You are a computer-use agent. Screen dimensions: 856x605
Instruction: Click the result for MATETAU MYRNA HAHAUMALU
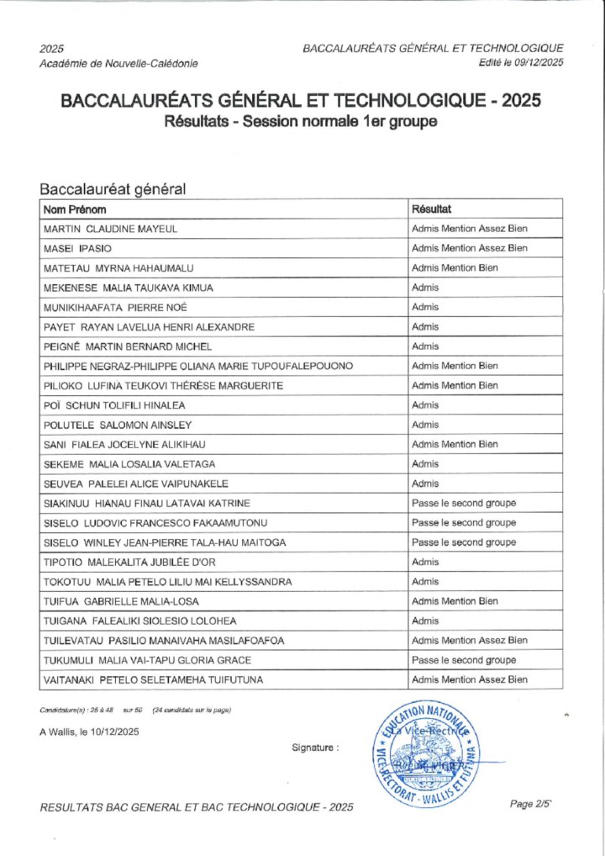[x=455, y=267]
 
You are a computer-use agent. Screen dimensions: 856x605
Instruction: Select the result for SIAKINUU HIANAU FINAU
[x=464, y=503]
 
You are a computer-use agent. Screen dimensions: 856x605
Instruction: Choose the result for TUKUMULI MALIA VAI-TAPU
[x=464, y=660]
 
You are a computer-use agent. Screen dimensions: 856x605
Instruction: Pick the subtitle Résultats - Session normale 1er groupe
[x=301, y=122]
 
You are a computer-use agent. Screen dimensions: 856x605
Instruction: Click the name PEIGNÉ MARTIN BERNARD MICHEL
[x=127, y=346]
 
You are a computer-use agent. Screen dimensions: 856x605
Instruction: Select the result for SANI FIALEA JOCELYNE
[x=455, y=444]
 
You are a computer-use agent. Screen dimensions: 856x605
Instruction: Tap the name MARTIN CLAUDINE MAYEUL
[x=110, y=229]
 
